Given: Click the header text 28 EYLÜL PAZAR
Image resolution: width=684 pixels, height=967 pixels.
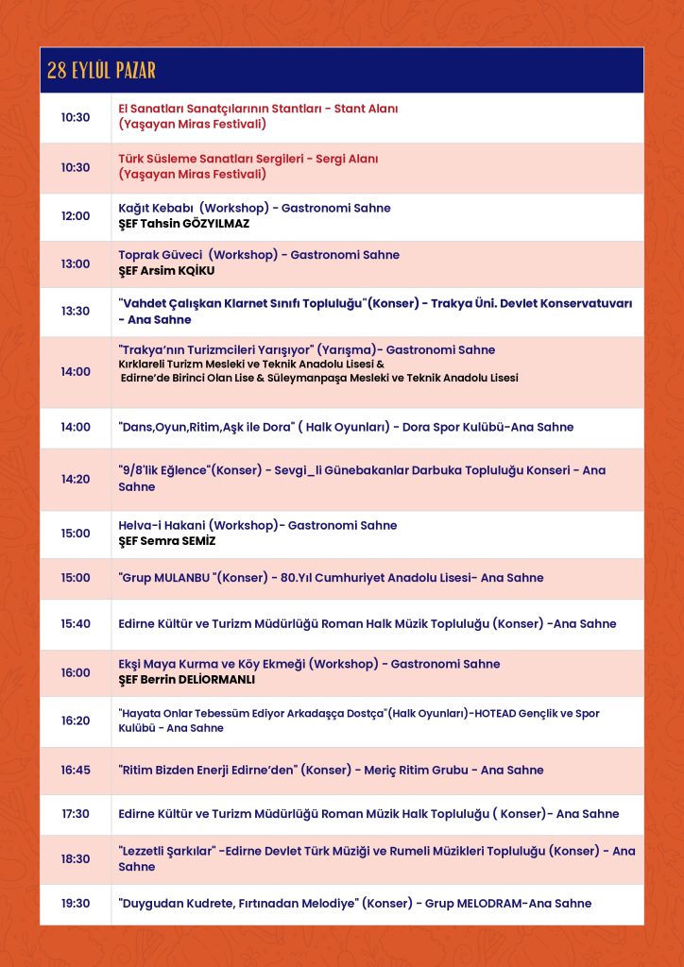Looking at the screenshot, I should click(x=101, y=71).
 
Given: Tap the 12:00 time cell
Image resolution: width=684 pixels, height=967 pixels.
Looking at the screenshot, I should click(x=76, y=216).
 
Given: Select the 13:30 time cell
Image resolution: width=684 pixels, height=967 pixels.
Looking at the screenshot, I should click(x=76, y=312).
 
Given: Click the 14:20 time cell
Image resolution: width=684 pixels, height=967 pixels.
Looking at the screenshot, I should click(x=76, y=479).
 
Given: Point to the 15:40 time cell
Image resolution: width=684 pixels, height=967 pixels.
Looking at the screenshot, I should click(x=76, y=624).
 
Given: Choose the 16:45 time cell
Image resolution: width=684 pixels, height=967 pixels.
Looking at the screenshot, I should click(x=76, y=771).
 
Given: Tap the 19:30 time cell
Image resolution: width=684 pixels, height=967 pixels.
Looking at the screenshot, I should click(x=76, y=904).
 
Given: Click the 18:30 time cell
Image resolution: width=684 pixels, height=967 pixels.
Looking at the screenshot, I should click(x=76, y=859).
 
